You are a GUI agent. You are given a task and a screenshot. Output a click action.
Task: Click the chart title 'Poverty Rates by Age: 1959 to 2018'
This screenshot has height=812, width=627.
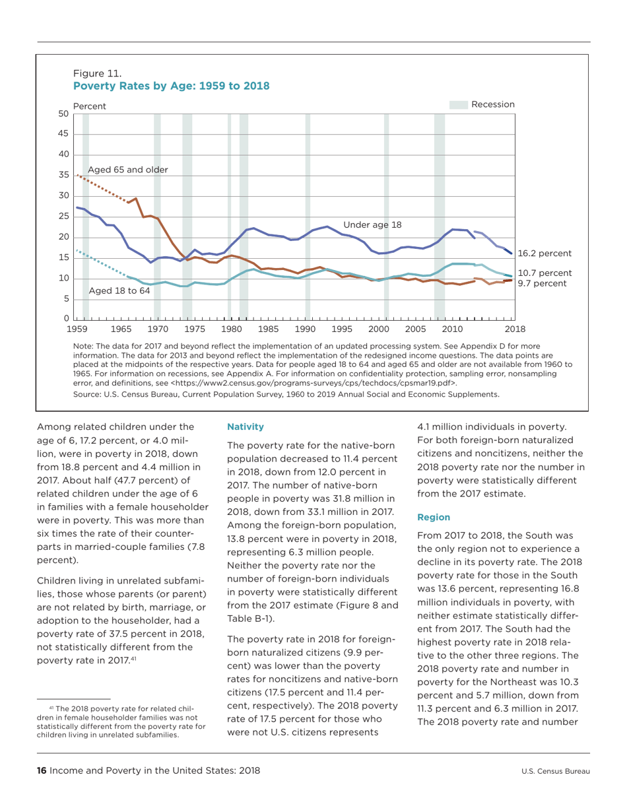(x=171, y=86)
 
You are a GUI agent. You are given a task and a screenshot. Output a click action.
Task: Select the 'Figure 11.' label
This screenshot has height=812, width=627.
(x=96, y=74)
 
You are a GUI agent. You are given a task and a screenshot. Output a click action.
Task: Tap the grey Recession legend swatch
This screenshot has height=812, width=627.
(x=458, y=104)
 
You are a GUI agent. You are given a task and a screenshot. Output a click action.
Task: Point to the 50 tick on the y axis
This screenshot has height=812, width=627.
(x=64, y=114)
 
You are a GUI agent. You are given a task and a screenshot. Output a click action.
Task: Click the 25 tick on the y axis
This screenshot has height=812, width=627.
(x=64, y=217)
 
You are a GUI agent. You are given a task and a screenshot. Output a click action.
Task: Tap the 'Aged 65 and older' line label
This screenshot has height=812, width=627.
(x=128, y=170)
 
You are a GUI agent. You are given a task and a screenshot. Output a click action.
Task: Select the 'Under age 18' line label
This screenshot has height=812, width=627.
(x=372, y=225)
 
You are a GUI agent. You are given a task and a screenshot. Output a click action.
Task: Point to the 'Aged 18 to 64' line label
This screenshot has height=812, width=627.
(x=119, y=290)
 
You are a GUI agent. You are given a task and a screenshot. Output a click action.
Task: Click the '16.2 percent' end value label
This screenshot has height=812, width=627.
(x=544, y=253)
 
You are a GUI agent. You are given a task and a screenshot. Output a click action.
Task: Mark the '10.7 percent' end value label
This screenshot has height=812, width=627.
(x=544, y=273)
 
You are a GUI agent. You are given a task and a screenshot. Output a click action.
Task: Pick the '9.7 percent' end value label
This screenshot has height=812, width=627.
(x=541, y=283)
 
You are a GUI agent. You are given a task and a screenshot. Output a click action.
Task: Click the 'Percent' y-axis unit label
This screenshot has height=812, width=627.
(x=89, y=106)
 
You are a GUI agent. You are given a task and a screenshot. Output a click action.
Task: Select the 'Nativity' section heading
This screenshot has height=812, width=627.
(x=246, y=427)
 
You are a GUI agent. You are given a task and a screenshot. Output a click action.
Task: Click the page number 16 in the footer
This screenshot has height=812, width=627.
(x=41, y=770)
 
